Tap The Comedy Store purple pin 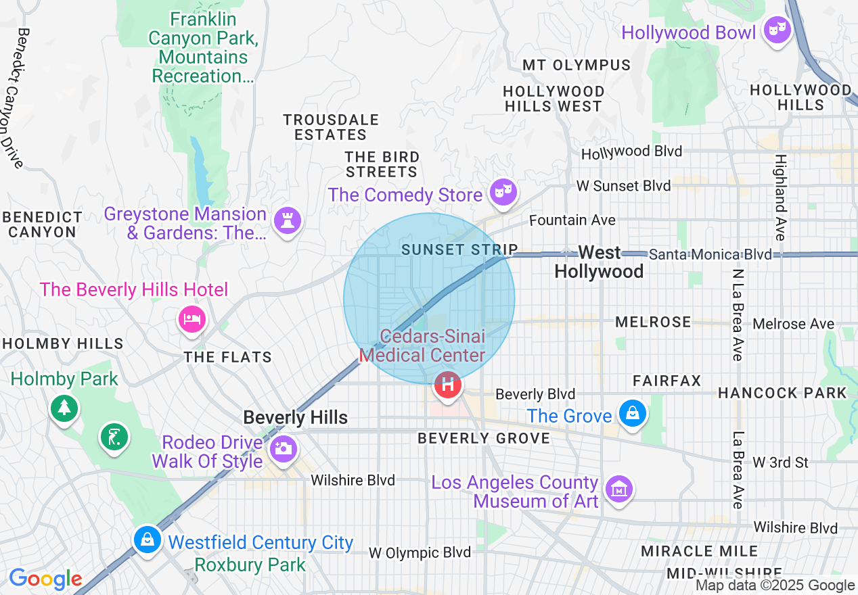503,192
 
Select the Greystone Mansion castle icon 288,220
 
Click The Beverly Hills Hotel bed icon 191,318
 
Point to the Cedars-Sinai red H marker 447,385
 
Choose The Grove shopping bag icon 633,412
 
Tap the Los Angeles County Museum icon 618,488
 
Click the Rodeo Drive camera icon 283,448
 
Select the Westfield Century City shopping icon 147,539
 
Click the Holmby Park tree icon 64,407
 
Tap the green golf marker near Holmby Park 114,436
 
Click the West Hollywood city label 600,262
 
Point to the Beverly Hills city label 296,417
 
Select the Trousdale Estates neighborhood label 331,127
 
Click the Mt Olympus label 577,66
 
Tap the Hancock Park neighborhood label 782,393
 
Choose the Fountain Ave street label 572,220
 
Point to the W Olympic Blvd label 420,552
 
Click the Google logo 45,579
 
